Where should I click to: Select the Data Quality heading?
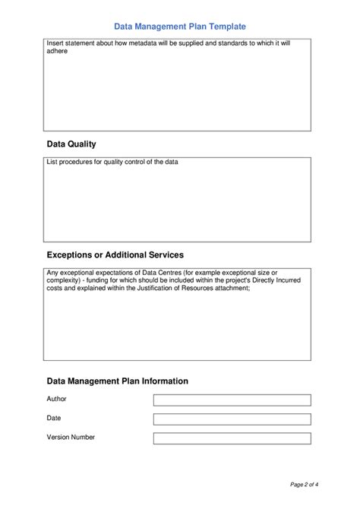(x=71, y=144)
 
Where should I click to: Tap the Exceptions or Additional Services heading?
(x=115, y=254)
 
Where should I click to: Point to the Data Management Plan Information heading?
(x=117, y=381)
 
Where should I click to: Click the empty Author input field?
(x=232, y=400)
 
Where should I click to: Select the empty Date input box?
(x=232, y=419)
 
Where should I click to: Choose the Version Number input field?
(x=232, y=438)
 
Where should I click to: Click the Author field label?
(x=57, y=398)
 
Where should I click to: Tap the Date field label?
(x=54, y=418)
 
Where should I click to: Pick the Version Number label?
(x=71, y=437)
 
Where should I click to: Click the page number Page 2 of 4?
(x=308, y=483)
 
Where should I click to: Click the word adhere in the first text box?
(x=58, y=52)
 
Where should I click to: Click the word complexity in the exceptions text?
(x=63, y=280)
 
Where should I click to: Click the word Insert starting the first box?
(x=55, y=43)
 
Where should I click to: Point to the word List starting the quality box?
(x=52, y=163)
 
